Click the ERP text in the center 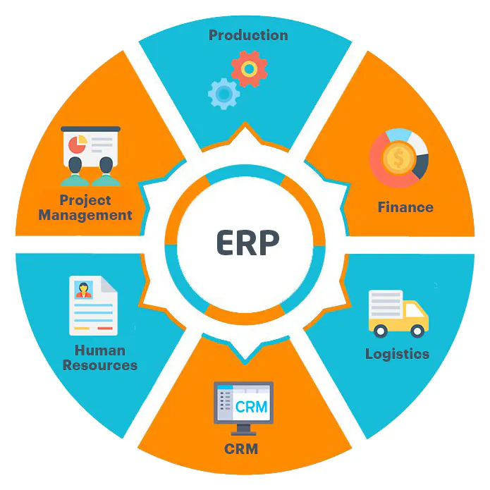(x=247, y=243)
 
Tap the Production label (x=248, y=35)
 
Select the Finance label (x=405, y=207)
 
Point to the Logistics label (x=397, y=354)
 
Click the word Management (x=85, y=215)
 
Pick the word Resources (x=100, y=365)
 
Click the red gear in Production (x=249, y=69)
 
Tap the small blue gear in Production (x=223, y=94)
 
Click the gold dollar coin (x=399, y=157)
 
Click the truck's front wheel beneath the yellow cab (x=417, y=331)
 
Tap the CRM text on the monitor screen (x=251, y=407)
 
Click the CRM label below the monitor (x=241, y=449)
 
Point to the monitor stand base (x=243, y=433)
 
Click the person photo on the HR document (x=83, y=290)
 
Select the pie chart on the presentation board (x=77, y=145)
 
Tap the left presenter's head (x=75, y=165)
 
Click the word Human (x=100, y=350)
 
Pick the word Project (x=85, y=200)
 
